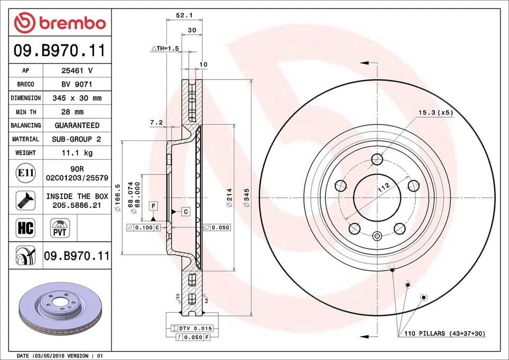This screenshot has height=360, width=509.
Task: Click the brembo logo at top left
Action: pos(60,23)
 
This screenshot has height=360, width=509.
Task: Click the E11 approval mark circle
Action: pos(25,173)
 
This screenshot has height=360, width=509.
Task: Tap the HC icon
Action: pos(25,229)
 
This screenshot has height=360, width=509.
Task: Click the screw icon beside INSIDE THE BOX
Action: pos(25,200)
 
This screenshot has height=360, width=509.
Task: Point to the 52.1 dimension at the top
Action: pos(183,16)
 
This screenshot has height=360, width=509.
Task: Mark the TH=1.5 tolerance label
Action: pos(165,48)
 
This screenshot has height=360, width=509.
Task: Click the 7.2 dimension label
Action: pos(156,122)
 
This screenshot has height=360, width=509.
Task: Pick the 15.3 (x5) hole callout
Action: pos(436,112)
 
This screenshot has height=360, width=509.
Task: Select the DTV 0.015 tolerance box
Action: pos(189,329)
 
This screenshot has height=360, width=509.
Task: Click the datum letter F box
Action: pos(153,205)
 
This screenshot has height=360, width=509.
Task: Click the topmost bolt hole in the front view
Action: pos(377,160)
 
